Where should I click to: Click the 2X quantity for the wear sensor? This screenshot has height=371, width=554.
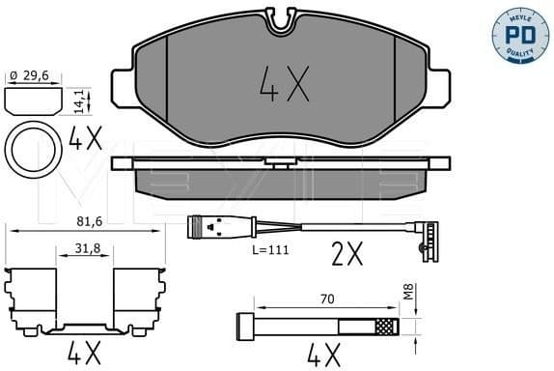[x=346, y=254]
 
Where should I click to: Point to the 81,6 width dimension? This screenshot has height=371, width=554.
[x=86, y=221]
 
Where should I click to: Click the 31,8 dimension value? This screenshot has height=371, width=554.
[x=85, y=248]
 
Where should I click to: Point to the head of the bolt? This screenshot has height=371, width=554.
[x=243, y=325]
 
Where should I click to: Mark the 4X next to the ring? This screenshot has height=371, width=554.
[x=86, y=142]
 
